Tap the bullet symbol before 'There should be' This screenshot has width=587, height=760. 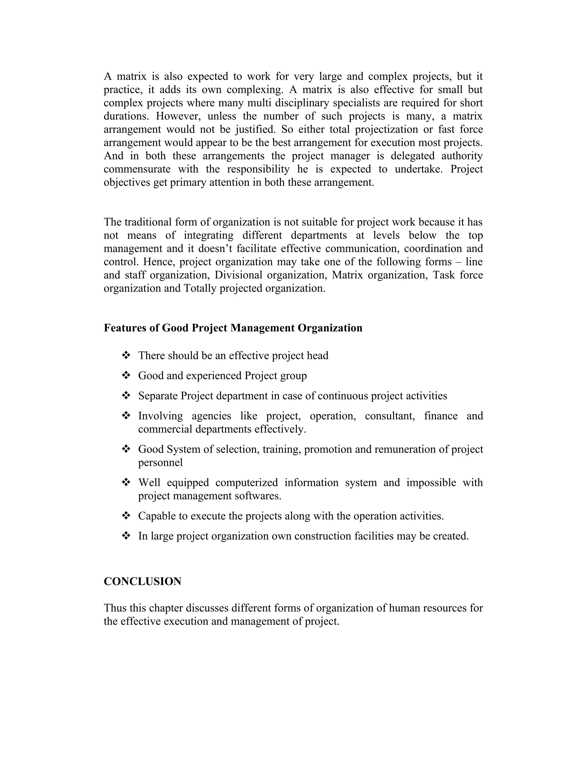click(126, 355)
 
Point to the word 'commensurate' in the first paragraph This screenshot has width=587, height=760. click(137, 169)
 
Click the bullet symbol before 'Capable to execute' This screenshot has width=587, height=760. click(126, 516)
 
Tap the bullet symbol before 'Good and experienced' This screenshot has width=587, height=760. click(126, 375)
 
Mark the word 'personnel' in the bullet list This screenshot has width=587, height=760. click(160, 463)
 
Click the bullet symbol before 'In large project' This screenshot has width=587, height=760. click(126, 536)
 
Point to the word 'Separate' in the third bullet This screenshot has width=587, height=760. click(158, 396)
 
